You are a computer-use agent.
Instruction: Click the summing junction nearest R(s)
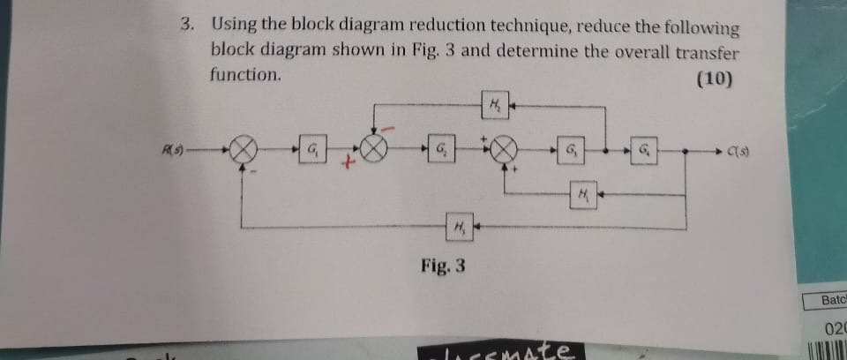(x=244, y=149)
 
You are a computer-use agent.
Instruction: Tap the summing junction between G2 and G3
(x=506, y=149)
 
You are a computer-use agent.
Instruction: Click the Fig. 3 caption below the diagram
(x=443, y=265)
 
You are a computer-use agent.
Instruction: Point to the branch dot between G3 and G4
(x=607, y=149)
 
